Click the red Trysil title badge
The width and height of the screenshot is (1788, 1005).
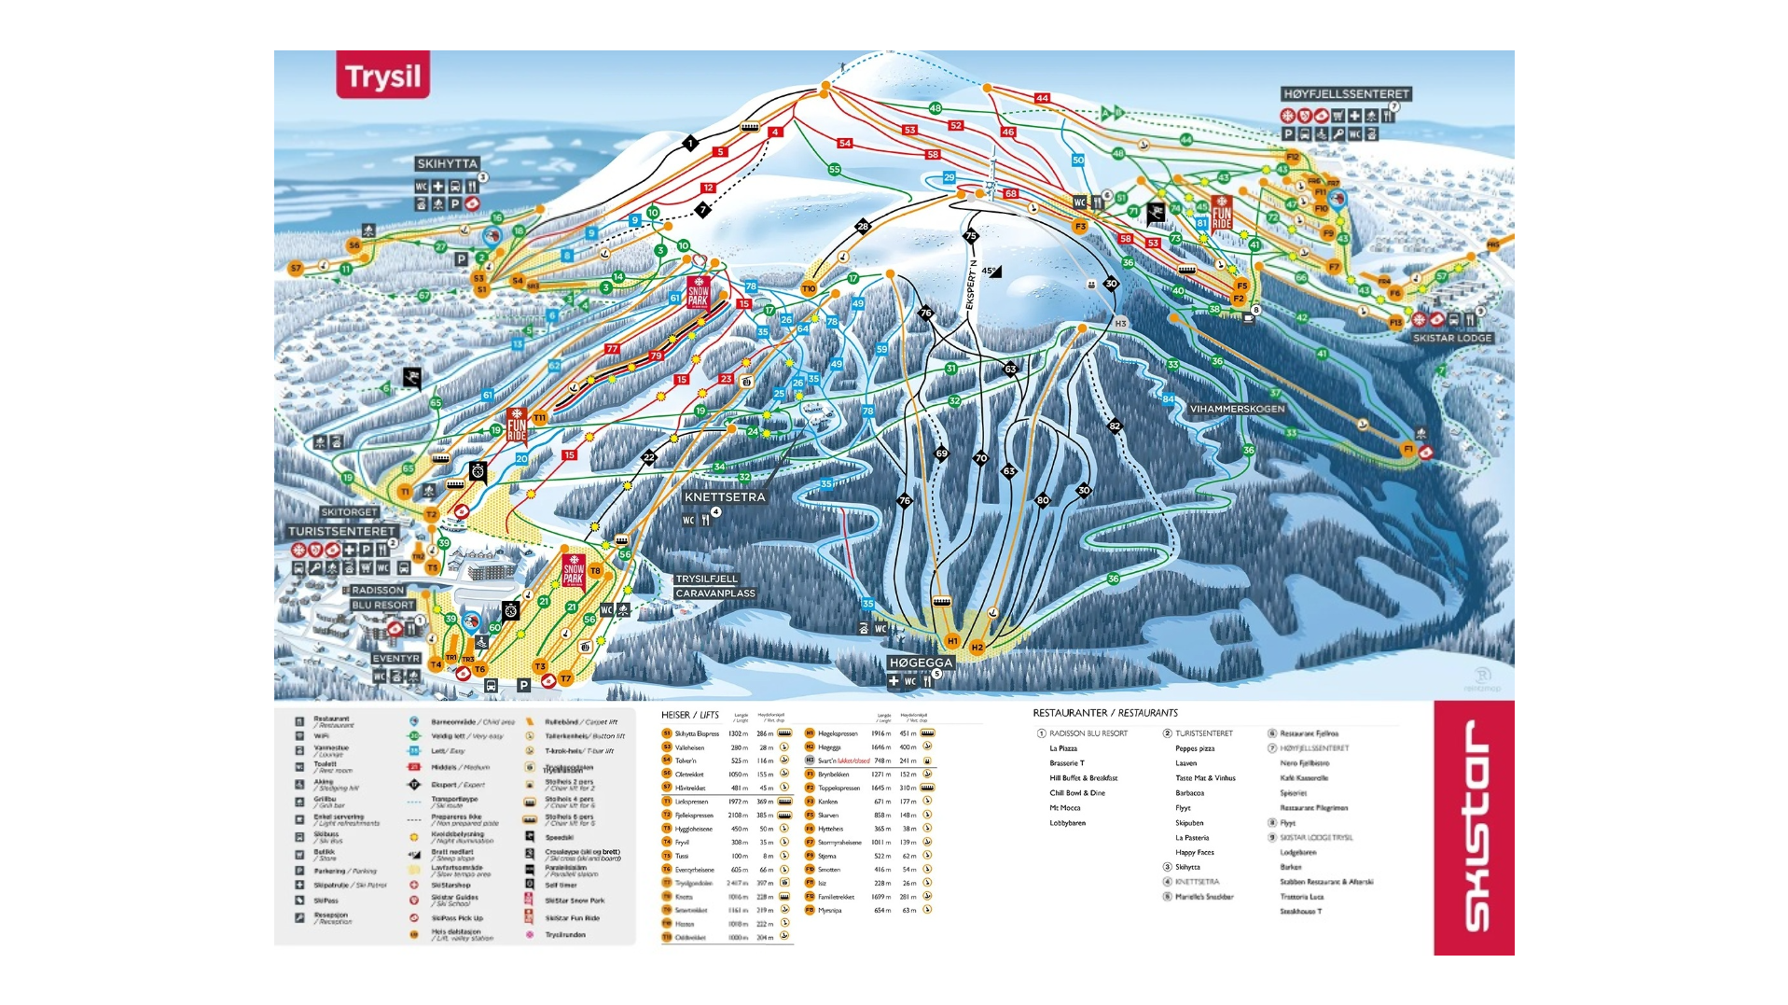(x=382, y=75)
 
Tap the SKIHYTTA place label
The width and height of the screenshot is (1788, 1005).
(x=447, y=163)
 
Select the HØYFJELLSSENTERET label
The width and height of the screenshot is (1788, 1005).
(x=1345, y=94)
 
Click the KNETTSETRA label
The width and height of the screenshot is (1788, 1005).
(x=725, y=497)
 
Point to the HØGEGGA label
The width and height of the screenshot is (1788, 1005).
(x=920, y=663)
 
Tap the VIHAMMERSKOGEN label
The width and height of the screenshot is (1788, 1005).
(x=1237, y=409)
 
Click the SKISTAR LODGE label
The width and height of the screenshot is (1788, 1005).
(x=1451, y=338)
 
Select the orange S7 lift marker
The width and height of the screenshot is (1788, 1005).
(x=296, y=269)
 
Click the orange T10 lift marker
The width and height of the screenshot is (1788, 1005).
(x=809, y=288)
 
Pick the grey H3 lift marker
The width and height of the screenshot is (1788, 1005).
(x=1120, y=323)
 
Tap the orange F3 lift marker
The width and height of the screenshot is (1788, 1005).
(x=1080, y=226)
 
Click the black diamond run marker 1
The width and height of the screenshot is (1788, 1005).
(x=690, y=143)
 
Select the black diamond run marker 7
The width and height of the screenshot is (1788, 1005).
(x=703, y=210)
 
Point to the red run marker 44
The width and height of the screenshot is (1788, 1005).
(x=1042, y=98)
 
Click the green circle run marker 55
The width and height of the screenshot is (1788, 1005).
(x=834, y=169)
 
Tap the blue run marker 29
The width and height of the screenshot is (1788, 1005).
(x=949, y=177)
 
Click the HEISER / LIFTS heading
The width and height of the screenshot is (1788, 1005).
(x=689, y=715)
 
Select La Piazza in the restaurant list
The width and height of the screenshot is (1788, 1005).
(x=1063, y=748)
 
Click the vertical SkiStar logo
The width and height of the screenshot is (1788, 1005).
(x=1474, y=827)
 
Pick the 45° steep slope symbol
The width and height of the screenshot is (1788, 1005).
(x=991, y=272)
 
